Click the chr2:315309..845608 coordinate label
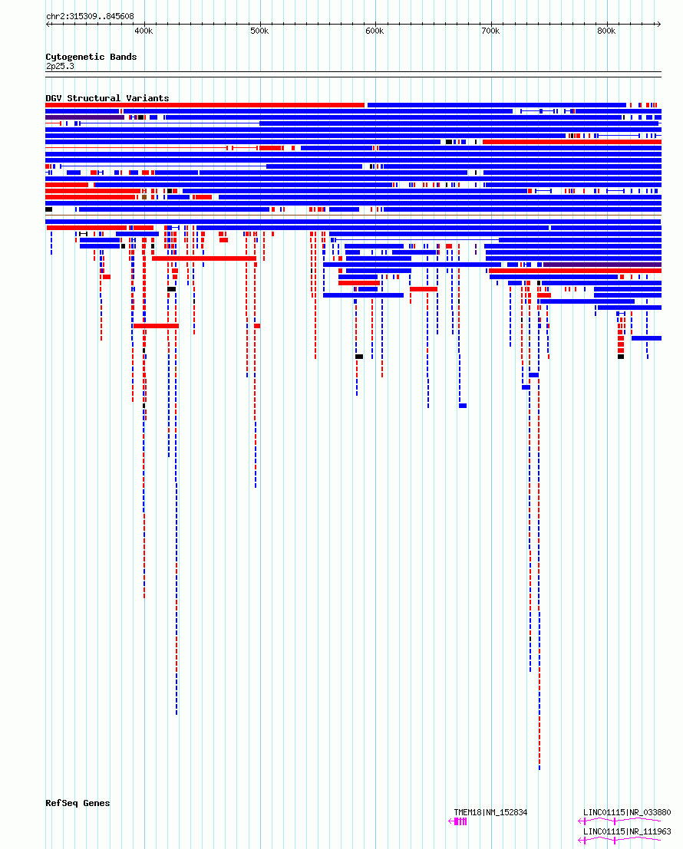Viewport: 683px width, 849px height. click(x=90, y=16)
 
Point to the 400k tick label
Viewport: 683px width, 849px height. click(x=144, y=31)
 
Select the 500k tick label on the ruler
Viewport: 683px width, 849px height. click(x=259, y=31)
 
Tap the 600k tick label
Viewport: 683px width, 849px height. click(x=374, y=31)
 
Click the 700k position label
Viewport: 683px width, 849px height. click(x=490, y=31)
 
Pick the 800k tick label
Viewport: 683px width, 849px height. click(x=606, y=31)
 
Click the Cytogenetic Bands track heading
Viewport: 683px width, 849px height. click(x=91, y=57)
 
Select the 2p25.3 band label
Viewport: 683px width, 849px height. click(x=60, y=66)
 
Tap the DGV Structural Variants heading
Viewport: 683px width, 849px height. click(x=107, y=98)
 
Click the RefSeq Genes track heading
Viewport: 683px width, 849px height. click(x=78, y=803)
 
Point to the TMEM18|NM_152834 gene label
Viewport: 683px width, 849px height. click(x=490, y=812)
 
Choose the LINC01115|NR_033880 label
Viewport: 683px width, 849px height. click(x=627, y=812)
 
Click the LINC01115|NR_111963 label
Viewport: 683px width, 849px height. click(x=627, y=831)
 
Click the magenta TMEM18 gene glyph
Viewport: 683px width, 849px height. click(x=457, y=821)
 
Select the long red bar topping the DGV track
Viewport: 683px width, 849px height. click(x=205, y=105)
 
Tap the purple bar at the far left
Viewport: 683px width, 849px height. click(x=85, y=117)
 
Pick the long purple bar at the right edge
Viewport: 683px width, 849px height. click(x=602, y=265)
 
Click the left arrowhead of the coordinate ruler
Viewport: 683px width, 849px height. click(x=48, y=24)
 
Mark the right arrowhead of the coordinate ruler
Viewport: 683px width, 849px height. click(x=658, y=24)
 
